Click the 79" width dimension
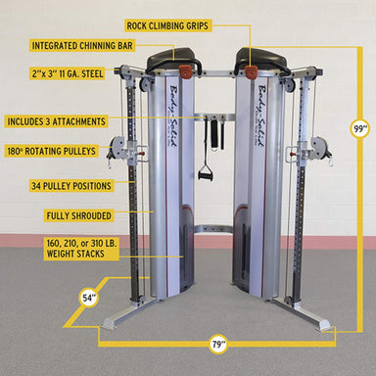click(217, 344)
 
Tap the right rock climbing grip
click(252, 73)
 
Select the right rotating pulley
click(317, 149)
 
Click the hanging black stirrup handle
click(206, 174)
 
